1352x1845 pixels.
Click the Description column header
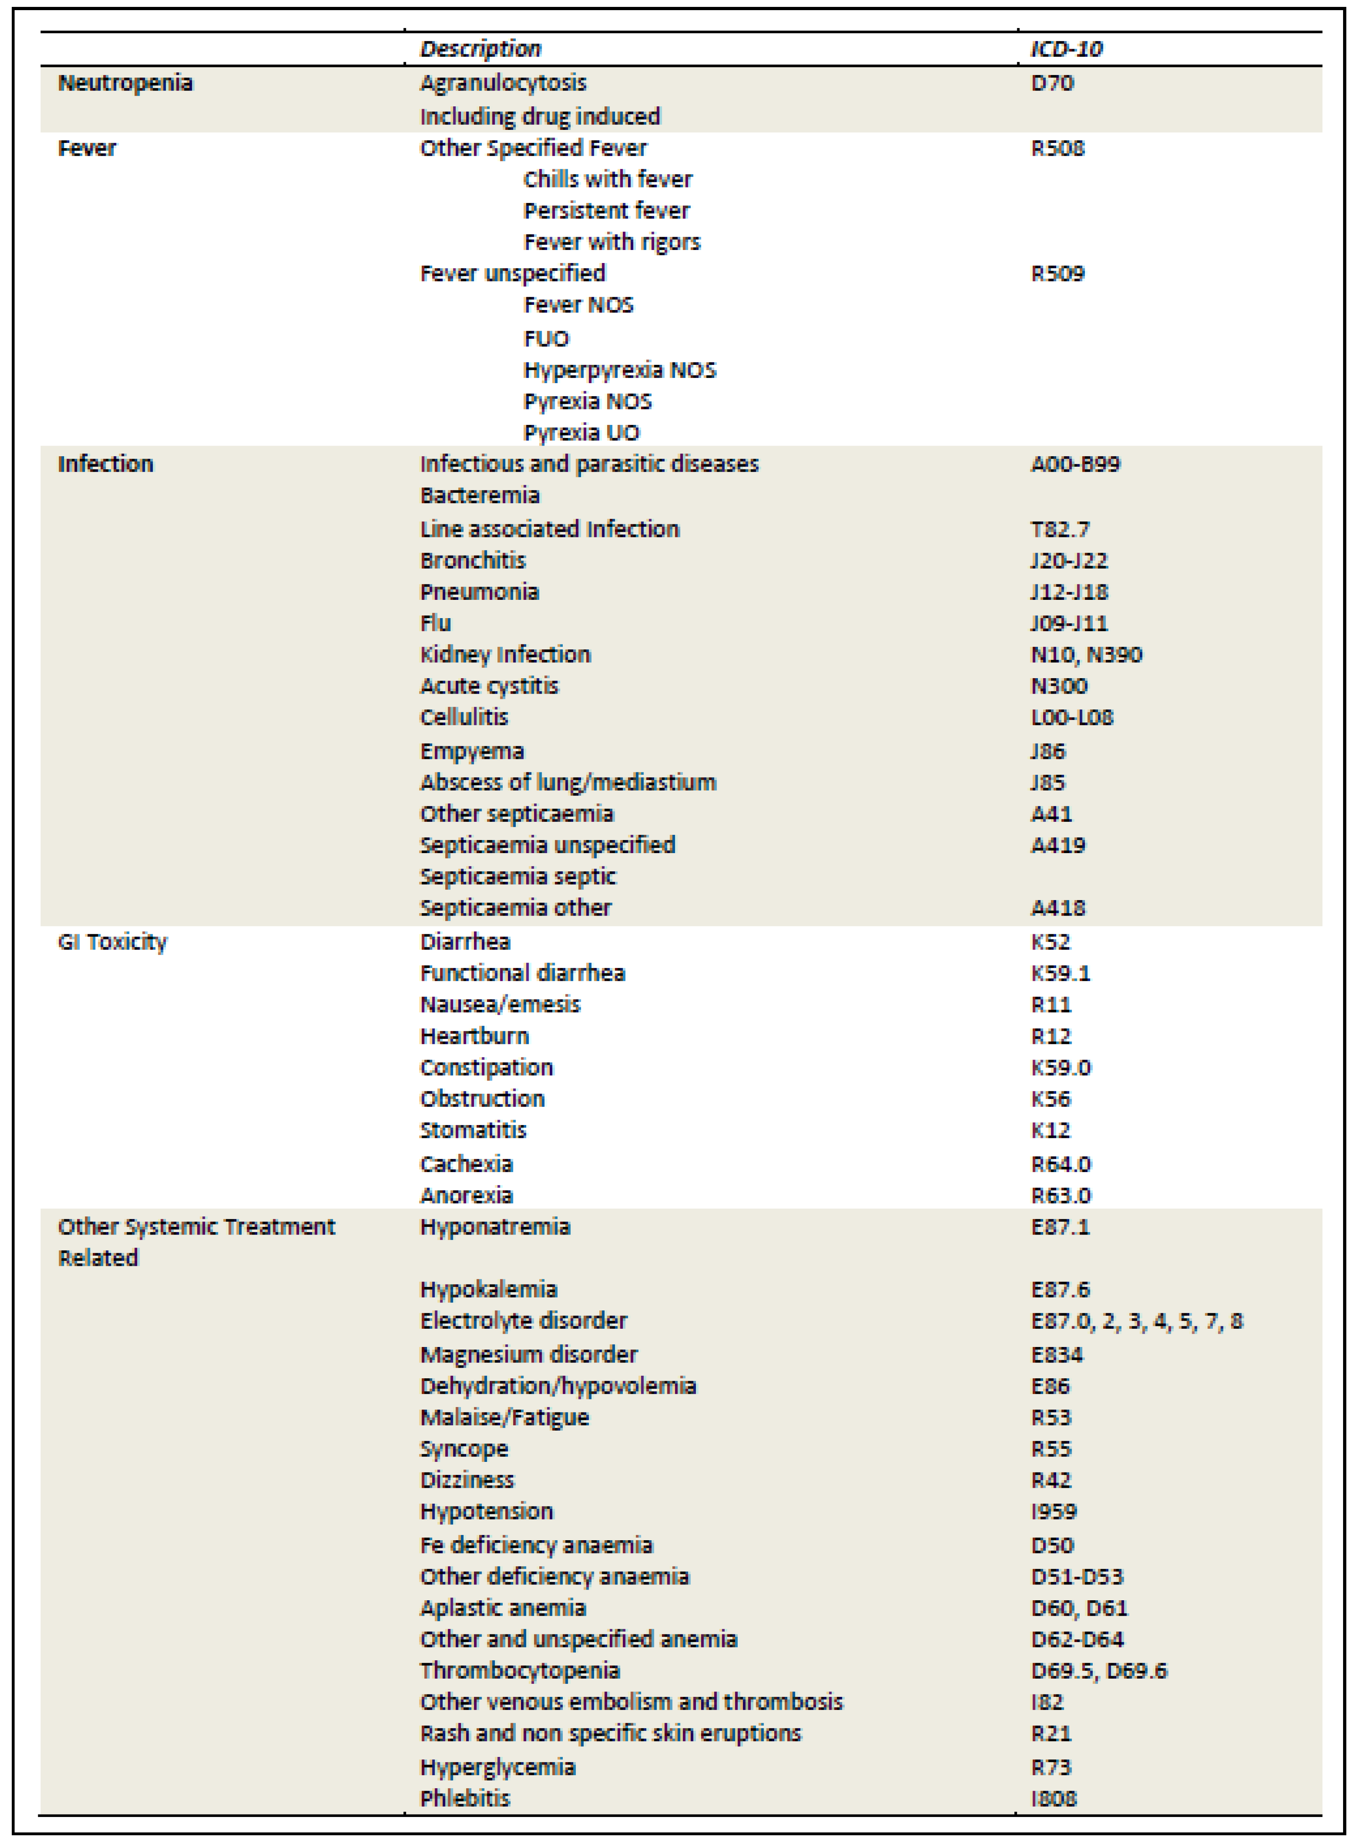pyautogui.click(x=480, y=49)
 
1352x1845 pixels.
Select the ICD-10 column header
pyautogui.click(x=1066, y=49)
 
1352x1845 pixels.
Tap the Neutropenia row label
pyautogui.click(x=125, y=83)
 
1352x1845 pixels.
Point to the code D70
pyautogui.click(x=1052, y=83)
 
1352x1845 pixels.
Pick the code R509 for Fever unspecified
pyautogui.click(x=1057, y=274)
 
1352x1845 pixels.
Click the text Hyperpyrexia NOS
pyautogui.click(x=620, y=370)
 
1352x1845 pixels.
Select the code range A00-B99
pyautogui.click(x=1074, y=464)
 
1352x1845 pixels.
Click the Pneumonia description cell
pyautogui.click(x=480, y=592)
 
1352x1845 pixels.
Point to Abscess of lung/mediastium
pyautogui.click(x=568, y=782)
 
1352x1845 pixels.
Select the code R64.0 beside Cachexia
pyautogui.click(x=1061, y=1164)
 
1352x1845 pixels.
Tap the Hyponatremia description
pyautogui.click(x=495, y=1227)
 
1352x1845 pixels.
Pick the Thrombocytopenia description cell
pyautogui.click(x=520, y=1670)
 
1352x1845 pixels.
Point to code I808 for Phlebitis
pyautogui.click(x=1053, y=1798)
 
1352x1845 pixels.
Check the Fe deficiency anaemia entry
pyautogui.click(x=536, y=1545)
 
